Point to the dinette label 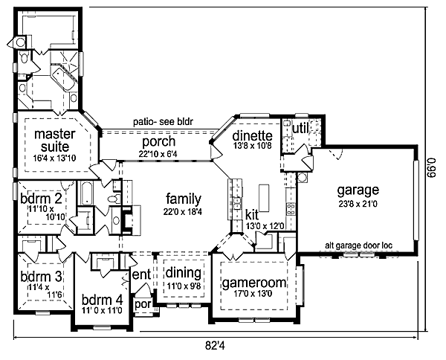coord(253,136)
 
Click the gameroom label coord(253,283)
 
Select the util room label coord(300,129)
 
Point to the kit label coord(253,214)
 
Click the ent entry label coord(141,275)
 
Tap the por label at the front coord(141,304)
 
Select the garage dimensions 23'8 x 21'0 coord(357,203)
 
